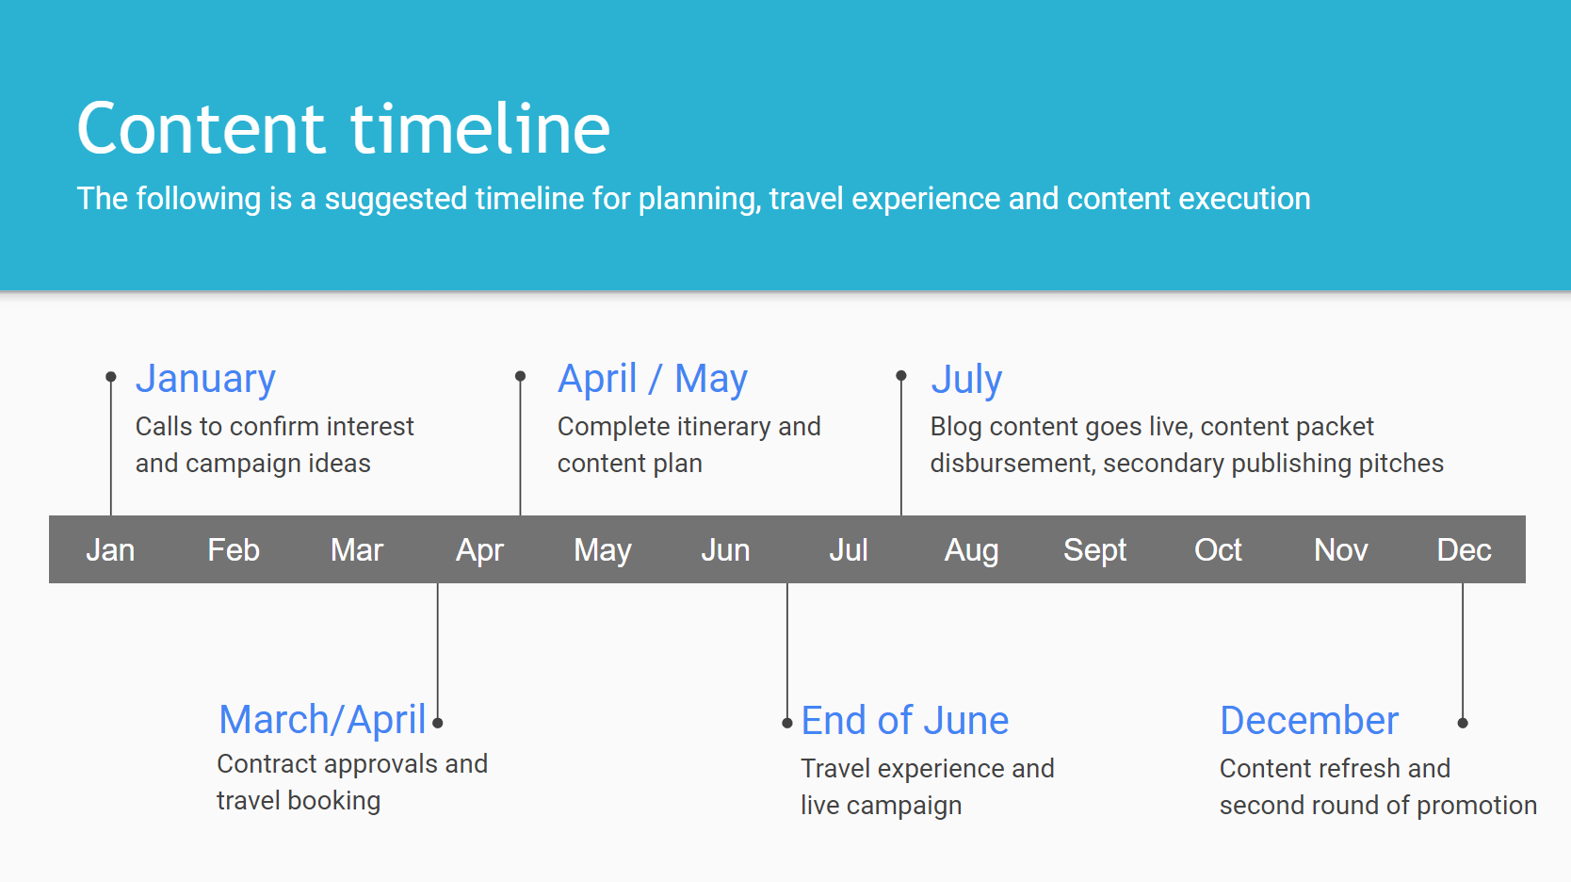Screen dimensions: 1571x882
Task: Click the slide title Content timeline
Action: (x=343, y=128)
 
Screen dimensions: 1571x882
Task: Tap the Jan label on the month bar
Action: (x=110, y=550)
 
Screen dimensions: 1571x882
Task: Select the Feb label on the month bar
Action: (x=234, y=550)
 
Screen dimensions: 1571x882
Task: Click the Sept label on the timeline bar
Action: (x=1094, y=551)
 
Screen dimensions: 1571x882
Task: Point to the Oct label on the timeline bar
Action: (x=1218, y=550)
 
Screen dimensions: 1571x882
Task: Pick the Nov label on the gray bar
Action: (x=1341, y=550)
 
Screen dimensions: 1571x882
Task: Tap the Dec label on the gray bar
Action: (x=1465, y=550)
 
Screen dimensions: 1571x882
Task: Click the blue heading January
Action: (x=205, y=380)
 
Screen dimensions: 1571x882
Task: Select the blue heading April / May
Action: (x=653, y=380)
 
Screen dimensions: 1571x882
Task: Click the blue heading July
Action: (x=966, y=381)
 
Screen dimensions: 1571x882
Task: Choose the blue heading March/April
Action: (x=323, y=721)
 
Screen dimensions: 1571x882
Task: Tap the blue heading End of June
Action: (x=905, y=721)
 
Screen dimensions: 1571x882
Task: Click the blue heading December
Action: (x=1309, y=721)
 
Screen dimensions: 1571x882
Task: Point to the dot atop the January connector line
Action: (x=111, y=377)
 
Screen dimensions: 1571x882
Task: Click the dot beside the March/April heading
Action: (x=438, y=723)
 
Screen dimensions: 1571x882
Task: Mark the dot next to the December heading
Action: (x=1463, y=723)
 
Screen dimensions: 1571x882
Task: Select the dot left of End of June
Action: (x=786, y=723)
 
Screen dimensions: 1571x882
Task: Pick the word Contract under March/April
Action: (x=266, y=764)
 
